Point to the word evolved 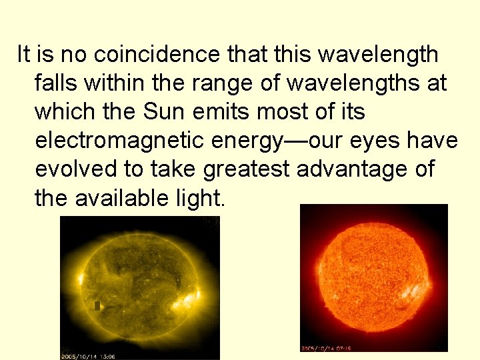click(76, 170)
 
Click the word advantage click(359, 170)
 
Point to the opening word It click(23, 54)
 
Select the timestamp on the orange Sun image click(327, 348)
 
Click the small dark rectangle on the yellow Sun click(97, 306)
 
